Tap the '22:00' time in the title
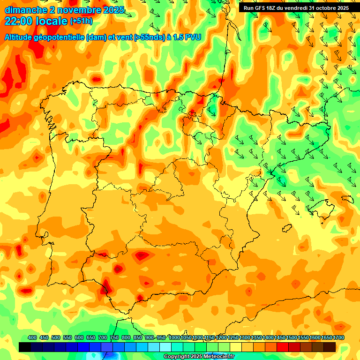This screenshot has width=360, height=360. tap(18, 21)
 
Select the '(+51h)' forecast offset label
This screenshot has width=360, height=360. tap(81, 21)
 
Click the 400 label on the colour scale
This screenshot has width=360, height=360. tap(32, 338)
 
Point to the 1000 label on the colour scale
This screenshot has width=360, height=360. tap(174, 338)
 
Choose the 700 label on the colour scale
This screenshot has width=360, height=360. tap(103, 338)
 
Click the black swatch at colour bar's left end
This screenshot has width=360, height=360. tap(25, 347)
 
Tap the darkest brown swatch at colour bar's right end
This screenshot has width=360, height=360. tap(330, 347)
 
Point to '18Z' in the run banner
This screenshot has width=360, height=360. tap(270, 8)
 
